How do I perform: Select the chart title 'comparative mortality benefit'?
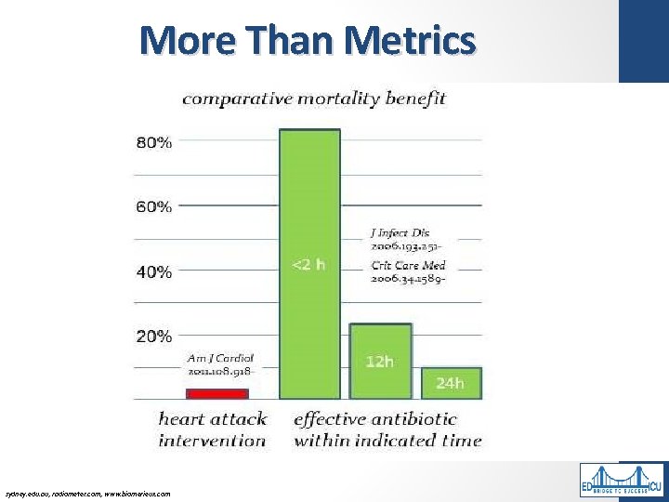(314, 98)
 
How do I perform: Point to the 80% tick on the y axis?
(154, 142)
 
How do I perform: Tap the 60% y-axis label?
(154, 206)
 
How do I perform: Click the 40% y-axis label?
(154, 271)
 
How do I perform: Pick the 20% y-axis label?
(154, 336)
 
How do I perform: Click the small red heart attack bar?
(217, 393)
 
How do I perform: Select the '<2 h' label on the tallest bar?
(309, 265)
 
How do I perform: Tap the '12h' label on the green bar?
(379, 361)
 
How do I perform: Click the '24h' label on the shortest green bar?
(450, 382)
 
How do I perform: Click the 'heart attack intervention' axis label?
(212, 429)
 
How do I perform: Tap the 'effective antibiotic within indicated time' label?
(387, 429)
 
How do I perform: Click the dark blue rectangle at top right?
(643, 41)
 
